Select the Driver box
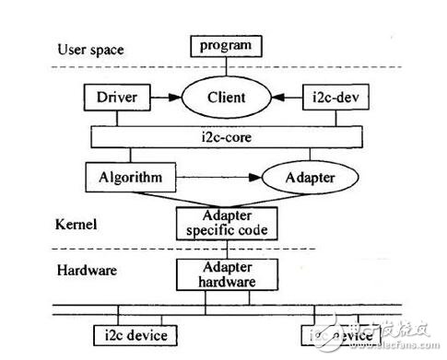[x=112, y=96]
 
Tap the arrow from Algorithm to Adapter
[x=214, y=175]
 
